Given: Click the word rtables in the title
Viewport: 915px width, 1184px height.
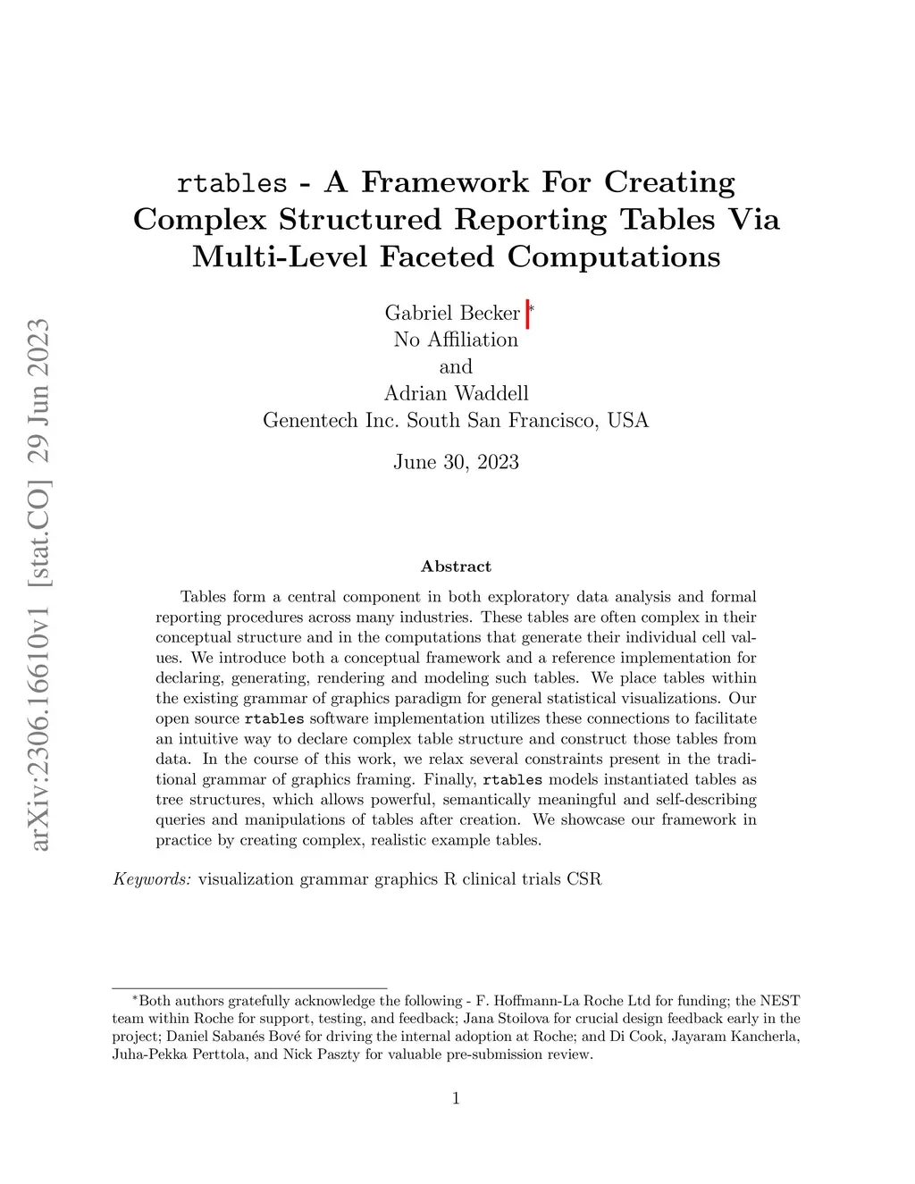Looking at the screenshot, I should click(232, 183).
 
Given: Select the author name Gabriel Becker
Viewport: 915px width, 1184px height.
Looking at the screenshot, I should click(452, 313).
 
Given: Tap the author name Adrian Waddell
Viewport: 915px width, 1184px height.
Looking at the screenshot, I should click(456, 393).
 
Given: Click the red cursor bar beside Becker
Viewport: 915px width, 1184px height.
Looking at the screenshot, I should click(528, 315).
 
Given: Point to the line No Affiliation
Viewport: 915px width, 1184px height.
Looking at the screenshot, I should click(456, 340).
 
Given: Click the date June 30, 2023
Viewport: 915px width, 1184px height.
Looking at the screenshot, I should click(456, 462).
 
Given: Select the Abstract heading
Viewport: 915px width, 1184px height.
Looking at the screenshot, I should click(456, 567).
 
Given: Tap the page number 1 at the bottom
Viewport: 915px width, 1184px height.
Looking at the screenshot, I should click(456, 1099).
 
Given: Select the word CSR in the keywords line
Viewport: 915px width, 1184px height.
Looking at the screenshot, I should click(584, 879).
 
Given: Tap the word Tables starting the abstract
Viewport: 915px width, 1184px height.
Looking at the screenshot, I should click(203, 597).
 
